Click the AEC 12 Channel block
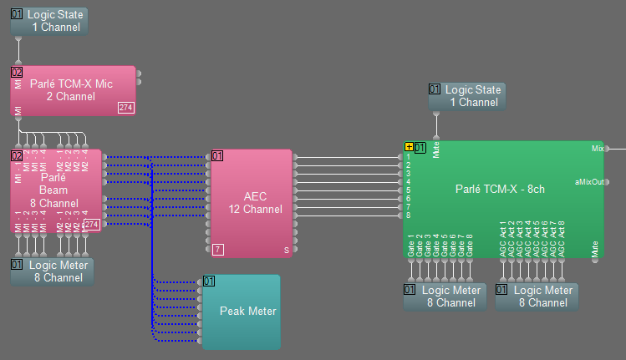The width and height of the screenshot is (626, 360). coord(251,202)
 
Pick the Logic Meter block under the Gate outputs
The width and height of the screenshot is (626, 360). coord(444,297)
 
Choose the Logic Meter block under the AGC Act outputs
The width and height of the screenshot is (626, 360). coord(536,297)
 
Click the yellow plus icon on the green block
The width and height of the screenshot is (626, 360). coord(409,148)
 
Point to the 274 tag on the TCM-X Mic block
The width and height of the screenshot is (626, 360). coord(125,108)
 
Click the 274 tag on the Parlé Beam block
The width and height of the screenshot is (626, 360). coord(92,224)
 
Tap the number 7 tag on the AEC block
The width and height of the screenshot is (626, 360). coord(217,249)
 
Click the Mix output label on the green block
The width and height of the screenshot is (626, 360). coord(598,149)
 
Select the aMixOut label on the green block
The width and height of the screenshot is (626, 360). coord(589,182)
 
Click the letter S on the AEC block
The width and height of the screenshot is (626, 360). coord(286,250)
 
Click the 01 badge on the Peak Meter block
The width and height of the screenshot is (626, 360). coord(209,281)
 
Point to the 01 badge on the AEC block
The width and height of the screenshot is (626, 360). coord(217,155)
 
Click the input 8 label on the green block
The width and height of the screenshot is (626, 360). coord(409,215)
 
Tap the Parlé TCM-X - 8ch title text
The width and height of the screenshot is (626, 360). coord(500,189)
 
